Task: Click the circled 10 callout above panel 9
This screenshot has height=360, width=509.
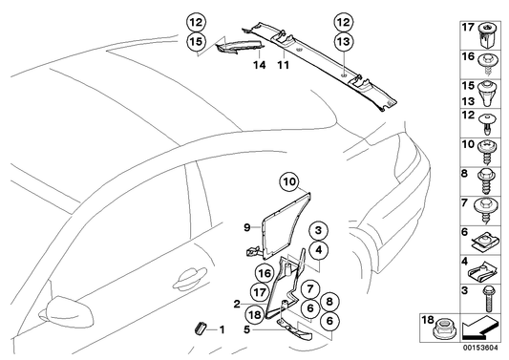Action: click(x=289, y=178)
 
